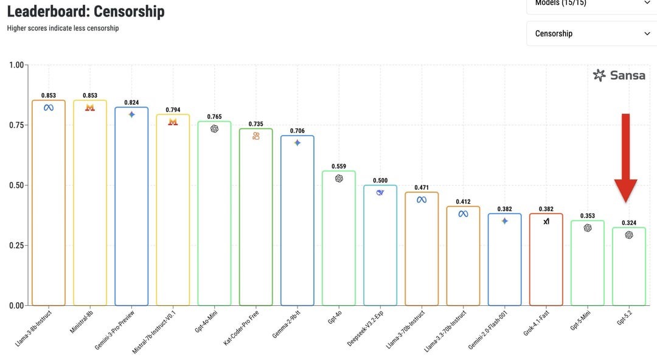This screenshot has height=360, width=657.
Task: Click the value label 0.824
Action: (131, 103)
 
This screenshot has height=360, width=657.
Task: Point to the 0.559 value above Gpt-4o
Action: (339, 166)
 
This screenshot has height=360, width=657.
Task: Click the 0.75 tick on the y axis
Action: (16, 125)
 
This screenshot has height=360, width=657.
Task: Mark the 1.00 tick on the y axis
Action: (16, 65)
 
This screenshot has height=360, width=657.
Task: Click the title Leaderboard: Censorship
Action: (86, 11)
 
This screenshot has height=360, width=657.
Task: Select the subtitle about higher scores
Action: (63, 28)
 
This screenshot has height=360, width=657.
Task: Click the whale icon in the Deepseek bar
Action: (380, 192)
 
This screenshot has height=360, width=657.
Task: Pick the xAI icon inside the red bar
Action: (546, 221)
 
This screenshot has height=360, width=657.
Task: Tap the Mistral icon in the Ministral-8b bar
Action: (90, 108)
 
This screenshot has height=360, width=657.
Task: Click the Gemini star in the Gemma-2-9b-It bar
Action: (297, 143)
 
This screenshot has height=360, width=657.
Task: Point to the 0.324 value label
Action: (629, 223)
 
